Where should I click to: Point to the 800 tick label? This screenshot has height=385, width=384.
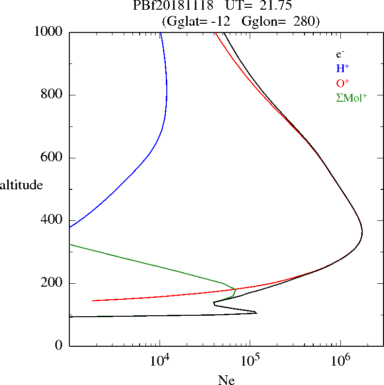pyautogui.click(x=53, y=95)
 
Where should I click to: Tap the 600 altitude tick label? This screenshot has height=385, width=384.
pyautogui.click(x=53, y=158)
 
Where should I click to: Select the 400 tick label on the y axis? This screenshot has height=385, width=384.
pyautogui.click(x=53, y=220)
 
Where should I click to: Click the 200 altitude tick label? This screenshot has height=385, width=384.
pyautogui.click(x=53, y=283)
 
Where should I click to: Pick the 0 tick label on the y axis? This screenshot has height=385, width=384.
pyautogui.click(x=60, y=346)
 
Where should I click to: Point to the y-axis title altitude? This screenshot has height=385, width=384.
pyautogui.click(x=21, y=185)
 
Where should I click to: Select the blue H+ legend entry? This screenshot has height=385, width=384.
pyautogui.click(x=342, y=68)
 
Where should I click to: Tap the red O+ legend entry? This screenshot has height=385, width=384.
pyautogui.click(x=342, y=83)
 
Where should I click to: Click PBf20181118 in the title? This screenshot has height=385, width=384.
pyautogui.click(x=173, y=6)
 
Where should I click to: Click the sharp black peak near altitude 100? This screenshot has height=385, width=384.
pyautogui.click(x=256, y=312)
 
